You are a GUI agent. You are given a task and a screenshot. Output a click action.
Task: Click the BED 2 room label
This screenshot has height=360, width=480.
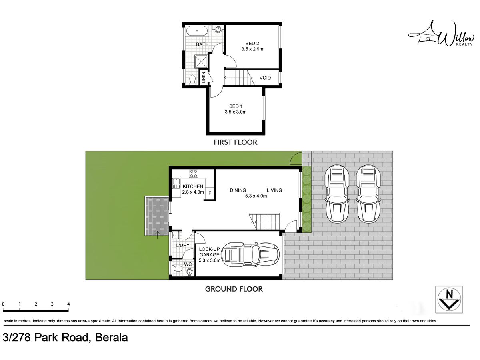click(x=252, y=44)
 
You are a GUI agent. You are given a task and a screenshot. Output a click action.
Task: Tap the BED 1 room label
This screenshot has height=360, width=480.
click(x=236, y=106)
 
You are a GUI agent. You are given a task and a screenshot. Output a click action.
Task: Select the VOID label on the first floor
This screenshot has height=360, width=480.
click(x=265, y=78)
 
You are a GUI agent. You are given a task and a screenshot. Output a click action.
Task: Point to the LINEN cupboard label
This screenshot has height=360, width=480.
click(x=204, y=77)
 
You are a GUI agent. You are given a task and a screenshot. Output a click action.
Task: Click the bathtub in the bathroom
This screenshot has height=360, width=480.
click(x=197, y=31)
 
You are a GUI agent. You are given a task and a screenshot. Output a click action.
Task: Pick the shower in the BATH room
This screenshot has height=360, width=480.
click(x=201, y=61)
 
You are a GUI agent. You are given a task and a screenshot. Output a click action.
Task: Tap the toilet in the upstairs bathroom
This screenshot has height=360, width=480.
click(x=192, y=79)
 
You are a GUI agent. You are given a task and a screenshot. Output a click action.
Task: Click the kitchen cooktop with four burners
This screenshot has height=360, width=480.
click(x=194, y=174)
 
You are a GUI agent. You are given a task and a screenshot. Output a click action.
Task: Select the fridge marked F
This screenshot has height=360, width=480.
click(x=210, y=193)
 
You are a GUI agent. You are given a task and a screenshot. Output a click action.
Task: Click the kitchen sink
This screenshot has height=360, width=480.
click(x=176, y=183)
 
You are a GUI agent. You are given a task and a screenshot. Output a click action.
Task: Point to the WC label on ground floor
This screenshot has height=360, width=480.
click(x=188, y=264)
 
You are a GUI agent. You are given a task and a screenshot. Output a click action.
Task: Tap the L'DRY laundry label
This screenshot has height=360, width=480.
click(x=183, y=246)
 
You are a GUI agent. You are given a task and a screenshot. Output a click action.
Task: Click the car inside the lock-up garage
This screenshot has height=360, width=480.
click(x=250, y=254)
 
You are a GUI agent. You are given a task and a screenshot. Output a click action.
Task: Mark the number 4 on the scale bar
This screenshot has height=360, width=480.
click(x=68, y=304)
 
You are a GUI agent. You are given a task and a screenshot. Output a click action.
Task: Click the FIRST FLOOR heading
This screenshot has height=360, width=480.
click(x=236, y=142)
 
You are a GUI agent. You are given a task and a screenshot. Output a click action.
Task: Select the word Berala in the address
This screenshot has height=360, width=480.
click(x=112, y=338)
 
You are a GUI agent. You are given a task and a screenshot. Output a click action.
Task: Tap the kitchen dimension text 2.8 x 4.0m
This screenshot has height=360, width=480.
click(x=193, y=192)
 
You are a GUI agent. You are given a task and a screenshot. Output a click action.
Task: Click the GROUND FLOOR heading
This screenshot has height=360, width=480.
click(x=234, y=289)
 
